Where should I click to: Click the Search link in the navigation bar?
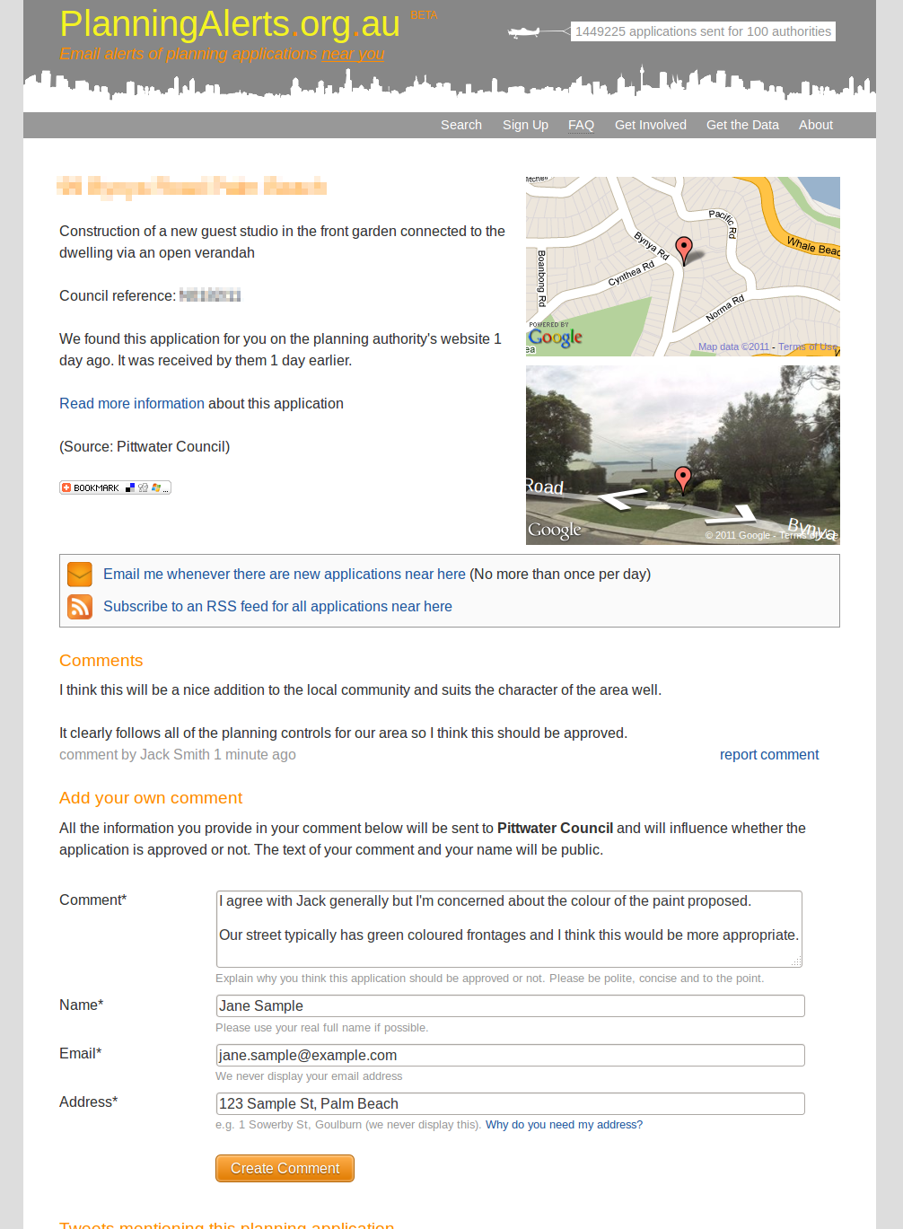pyautogui.click(x=461, y=125)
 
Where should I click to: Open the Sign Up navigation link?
pyautogui.click(x=525, y=125)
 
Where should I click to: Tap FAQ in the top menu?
pyautogui.click(x=581, y=125)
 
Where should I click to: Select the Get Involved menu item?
pyautogui.click(x=650, y=125)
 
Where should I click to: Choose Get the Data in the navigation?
pyautogui.click(x=742, y=125)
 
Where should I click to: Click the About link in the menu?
pyautogui.click(x=815, y=125)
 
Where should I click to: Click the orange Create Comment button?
pyautogui.click(x=285, y=1168)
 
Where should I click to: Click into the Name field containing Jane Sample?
pyautogui.click(x=510, y=1005)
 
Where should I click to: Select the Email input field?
pyautogui.click(x=510, y=1055)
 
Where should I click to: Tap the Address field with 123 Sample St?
pyautogui.click(x=510, y=1103)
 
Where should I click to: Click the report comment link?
pyautogui.click(x=768, y=755)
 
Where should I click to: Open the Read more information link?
pyautogui.click(x=132, y=404)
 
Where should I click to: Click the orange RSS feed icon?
pyautogui.click(x=80, y=607)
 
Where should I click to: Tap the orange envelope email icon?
pyautogui.click(x=80, y=574)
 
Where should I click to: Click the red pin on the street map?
pyautogui.click(x=684, y=248)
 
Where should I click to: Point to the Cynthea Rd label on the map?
pyautogui.click(x=631, y=274)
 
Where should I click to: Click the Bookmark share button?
pyautogui.click(x=115, y=487)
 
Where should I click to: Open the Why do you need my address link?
pyautogui.click(x=564, y=1125)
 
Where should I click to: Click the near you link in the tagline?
pyautogui.click(x=353, y=54)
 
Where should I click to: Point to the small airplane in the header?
pyautogui.click(x=525, y=32)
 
